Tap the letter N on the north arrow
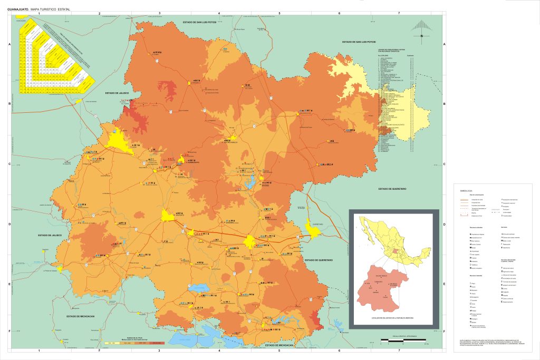tap(422, 36)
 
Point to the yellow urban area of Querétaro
tap(313, 230)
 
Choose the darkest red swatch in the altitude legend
tap(157, 343)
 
